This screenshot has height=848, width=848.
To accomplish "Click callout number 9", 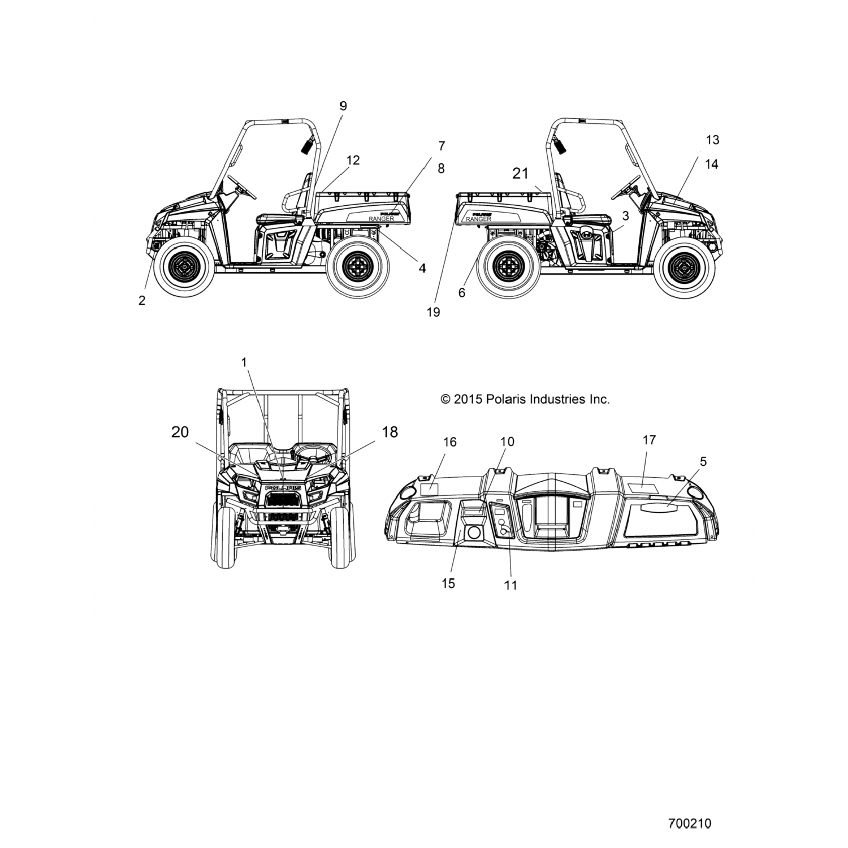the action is (343, 106).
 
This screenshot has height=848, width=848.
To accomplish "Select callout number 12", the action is (353, 161).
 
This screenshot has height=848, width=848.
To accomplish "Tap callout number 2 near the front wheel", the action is (142, 300).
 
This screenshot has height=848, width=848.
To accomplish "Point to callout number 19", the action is (433, 312).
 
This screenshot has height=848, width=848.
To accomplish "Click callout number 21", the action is (521, 173).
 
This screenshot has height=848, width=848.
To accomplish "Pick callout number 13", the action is (712, 140).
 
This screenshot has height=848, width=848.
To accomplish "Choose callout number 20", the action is (180, 432).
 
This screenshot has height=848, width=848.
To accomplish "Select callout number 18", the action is (390, 432).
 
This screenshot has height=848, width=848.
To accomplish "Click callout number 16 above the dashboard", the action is (449, 442).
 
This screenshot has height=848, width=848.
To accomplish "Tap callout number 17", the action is (649, 439).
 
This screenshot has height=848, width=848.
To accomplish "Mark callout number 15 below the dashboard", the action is (448, 583).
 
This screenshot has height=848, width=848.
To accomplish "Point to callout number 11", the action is (510, 585).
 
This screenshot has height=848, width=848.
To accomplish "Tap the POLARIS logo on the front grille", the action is (282, 487).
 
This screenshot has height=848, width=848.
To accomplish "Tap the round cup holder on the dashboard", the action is (474, 533).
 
